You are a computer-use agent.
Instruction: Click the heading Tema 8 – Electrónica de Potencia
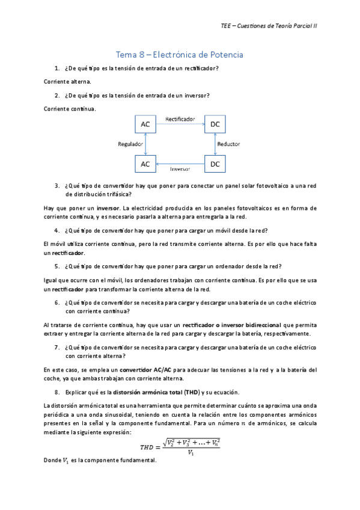(x=179, y=55)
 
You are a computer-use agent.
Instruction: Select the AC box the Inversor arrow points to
(x=145, y=164)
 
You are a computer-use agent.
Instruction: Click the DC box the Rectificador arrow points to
(x=215, y=124)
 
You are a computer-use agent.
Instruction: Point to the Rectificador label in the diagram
(x=180, y=119)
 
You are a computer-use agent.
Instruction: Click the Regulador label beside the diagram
(x=130, y=144)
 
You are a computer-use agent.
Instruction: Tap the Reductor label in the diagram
(x=228, y=144)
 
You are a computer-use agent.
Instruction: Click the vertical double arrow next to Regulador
(x=145, y=144)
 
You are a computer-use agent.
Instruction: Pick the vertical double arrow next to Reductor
(x=215, y=144)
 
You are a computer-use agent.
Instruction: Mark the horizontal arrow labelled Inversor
(x=180, y=164)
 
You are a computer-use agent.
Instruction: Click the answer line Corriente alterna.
(x=67, y=81)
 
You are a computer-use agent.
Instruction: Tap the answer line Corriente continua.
(x=70, y=109)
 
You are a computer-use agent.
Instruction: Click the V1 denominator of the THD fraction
(x=190, y=453)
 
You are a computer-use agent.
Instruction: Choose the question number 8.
(x=56, y=392)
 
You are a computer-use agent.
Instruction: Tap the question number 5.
(x=56, y=266)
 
